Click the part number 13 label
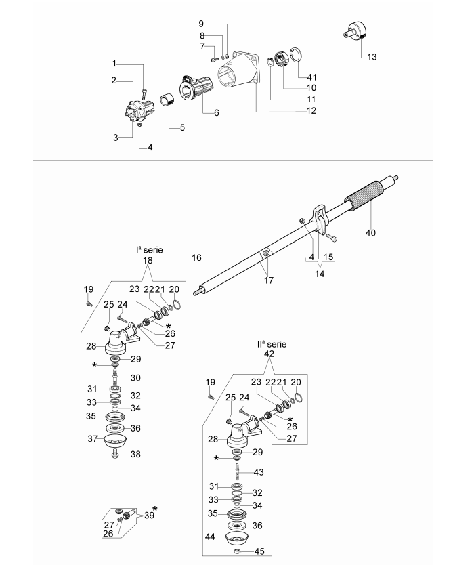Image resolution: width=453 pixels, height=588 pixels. (371, 57)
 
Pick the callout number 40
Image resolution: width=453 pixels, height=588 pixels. (370, 233)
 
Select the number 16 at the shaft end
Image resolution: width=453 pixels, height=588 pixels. (197, 257)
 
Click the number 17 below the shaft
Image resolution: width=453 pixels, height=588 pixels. (269, 280)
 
